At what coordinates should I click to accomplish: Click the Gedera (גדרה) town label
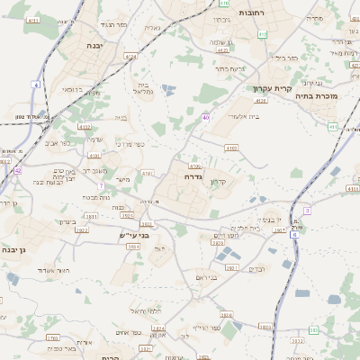(191, 176)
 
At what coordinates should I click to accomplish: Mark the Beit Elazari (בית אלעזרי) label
(244, 116)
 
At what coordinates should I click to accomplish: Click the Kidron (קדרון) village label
(218, 183)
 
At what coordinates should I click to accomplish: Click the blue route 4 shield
(37, 85)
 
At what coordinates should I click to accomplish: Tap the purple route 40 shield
(206, 117)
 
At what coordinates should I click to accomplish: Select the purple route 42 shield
(18, 169)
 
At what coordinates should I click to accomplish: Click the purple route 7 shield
(102, 185)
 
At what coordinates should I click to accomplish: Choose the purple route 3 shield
(307, 210)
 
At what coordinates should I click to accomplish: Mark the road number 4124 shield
(131, 57)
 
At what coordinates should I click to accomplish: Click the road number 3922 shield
(82, 230)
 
